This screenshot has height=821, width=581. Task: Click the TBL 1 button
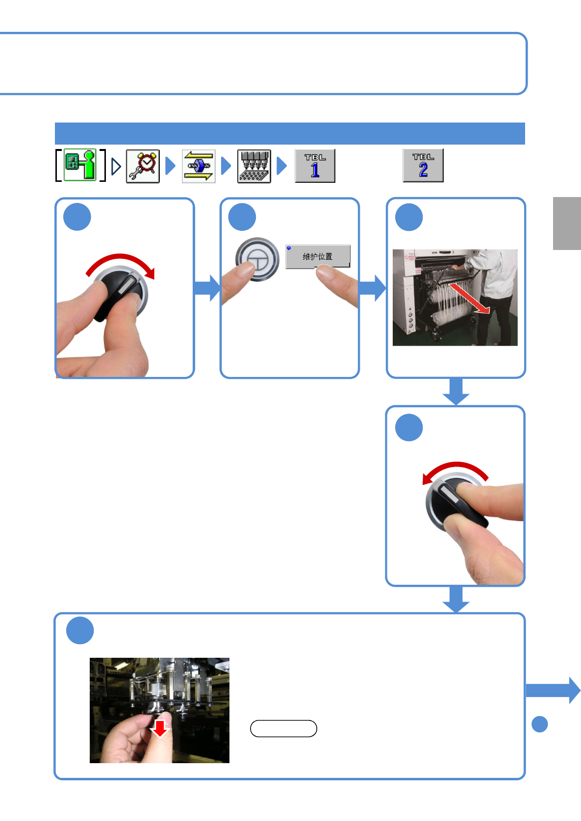pyautogui.click(x=315, y=166)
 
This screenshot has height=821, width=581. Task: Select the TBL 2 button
pyautogui.click(x=423, y=166)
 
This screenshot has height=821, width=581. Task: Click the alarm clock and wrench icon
pyautogui.click(x=143, y=166)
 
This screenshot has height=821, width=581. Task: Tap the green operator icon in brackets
pyautogui.click(x=80, y=165)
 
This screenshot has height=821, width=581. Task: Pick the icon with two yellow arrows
pyautogui.click(x=199, y=166)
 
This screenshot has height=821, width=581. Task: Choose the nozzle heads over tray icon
pyautogui.click(x=254, y=166)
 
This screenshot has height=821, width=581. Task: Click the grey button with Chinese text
pyautogui.click(x=318, y=256)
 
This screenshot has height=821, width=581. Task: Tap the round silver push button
pyautogui.click(x=257, y=259)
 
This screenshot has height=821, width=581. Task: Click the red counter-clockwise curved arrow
pyautogui.click(x=455, y=469)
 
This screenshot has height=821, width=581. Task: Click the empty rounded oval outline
pyautogui.click(x=283, y=729)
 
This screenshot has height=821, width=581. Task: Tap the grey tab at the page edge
pyautogui.click(x=567, y=224)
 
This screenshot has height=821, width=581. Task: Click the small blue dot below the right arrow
pyautogui.click(x=540, y=724)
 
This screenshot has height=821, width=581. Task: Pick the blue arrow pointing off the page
pyautogui.click(x=553, y=690)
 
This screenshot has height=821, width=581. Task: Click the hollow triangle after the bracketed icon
pyautogui.click(x=116, y=167)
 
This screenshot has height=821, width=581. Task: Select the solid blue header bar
pyautogui.click(x=290, y=133)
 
